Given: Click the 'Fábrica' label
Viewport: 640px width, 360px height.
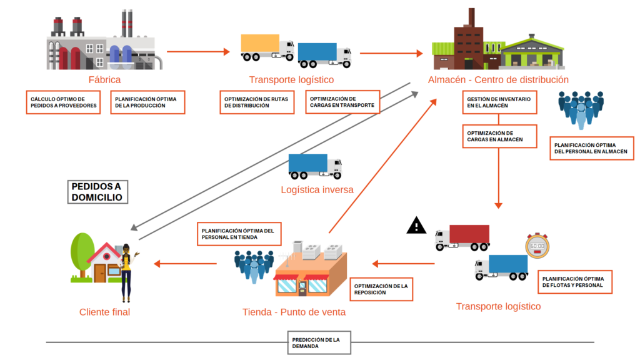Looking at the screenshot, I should (104, 80).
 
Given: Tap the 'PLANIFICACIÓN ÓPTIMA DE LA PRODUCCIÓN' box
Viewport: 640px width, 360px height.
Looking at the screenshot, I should (147, 102).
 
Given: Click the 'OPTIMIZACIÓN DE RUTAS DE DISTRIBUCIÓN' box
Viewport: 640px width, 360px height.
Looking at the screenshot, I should (257, 102).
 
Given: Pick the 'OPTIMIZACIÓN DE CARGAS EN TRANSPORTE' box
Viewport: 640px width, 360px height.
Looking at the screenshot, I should (342, 102).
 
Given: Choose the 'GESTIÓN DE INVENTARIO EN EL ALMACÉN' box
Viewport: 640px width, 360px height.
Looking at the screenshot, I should (499, 102).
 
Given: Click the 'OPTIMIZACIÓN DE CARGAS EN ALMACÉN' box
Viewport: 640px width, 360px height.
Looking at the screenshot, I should (499, 136).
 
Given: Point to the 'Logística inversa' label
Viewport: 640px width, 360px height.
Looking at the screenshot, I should (317, 190).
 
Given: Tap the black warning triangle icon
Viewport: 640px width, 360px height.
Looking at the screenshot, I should (416, 225).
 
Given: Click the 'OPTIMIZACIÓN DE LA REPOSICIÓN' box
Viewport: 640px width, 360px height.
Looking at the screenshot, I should (381, 289).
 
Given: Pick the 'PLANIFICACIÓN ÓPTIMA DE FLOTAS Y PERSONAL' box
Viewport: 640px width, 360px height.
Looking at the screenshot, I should (574, 282).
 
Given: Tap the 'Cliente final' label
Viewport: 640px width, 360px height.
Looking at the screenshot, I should (104, 312).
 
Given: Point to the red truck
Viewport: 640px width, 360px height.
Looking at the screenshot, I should (462, 237).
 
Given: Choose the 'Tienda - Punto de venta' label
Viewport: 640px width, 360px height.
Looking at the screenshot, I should (294, 312).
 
